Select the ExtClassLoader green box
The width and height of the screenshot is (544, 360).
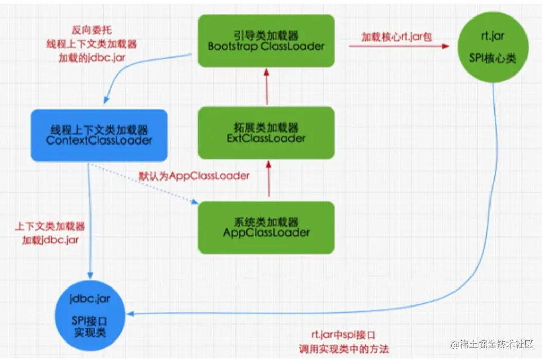pyautogui.click(x=266, y=133)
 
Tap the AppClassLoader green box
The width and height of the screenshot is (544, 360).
pyautogui.click(x=266, y=227)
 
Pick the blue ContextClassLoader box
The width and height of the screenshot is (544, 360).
pyautogui.click(x=99, y=135)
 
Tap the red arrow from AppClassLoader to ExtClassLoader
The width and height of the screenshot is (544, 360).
pyautogui.click(x=267, y=179)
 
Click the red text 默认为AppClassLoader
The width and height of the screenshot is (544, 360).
pyautogui.click(x=194, y=175)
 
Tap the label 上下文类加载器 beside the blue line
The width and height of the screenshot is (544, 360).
pyautogui.click(x=50, y=226)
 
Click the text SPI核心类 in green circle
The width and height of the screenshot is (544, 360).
pyautogui.click(x=492, y=59)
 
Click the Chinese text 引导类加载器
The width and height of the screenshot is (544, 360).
pyautogui.click(x=266, y=35)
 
